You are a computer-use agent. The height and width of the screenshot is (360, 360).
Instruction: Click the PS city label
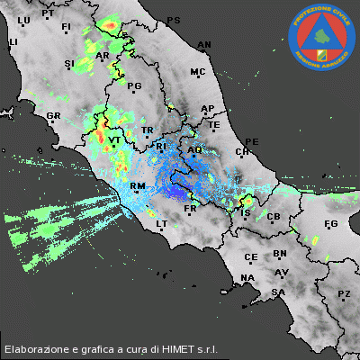(x=174, y=20)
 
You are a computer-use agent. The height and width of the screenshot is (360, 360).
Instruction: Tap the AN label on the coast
(x=204, y=44)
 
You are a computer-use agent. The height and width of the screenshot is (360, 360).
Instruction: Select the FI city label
(x=66, y=27)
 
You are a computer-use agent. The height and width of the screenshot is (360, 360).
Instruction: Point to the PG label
(x=136, y=86)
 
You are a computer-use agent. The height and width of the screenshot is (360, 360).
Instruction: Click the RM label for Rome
(x=138, y=186)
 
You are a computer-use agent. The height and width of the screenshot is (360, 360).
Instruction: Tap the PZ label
(x=343, y=294)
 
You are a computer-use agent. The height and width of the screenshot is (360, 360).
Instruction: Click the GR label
(x=53, y=116)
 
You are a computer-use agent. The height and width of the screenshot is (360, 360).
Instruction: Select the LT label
(x=162, y=223)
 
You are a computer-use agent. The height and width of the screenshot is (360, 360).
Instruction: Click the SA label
(x=279, y=292)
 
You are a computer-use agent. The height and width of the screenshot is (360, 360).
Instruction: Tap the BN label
(x=280, y=254)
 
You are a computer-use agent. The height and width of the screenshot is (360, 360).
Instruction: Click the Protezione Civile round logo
(x=321, y=37)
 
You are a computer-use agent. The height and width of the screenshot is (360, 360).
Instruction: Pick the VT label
(x=114, y=141)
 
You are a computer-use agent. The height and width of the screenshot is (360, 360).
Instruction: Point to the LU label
(x=23, y=19)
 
